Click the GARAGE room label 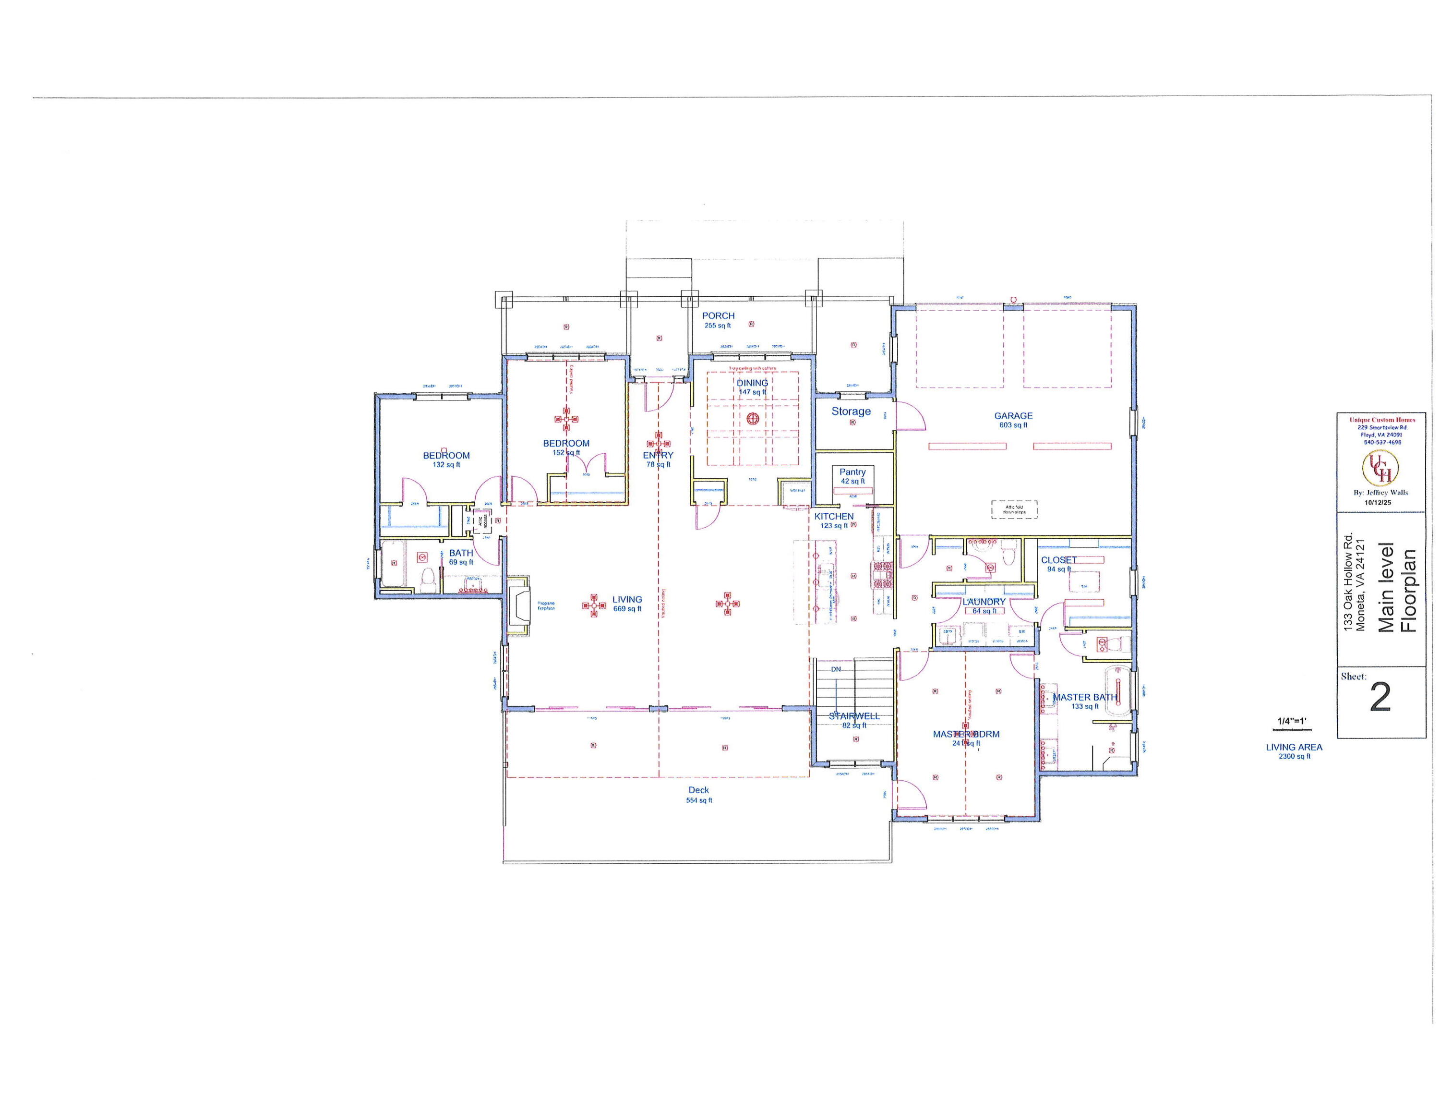click(1013, 415)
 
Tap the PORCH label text click(718, 316)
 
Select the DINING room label click(752, 382)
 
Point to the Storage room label click(851, 411)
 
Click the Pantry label click(852, 472)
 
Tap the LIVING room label click(626, 599)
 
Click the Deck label click(698, 790)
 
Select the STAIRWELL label click(854, 715)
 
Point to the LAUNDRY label click(983, 602)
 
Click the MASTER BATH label click(1085, 697)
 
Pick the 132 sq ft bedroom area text click(446, 465)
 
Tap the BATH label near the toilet click(461, 553)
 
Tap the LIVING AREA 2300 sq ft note click(1294, 751)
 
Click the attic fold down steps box click(1014, 509)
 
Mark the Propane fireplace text click(546, 605)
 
